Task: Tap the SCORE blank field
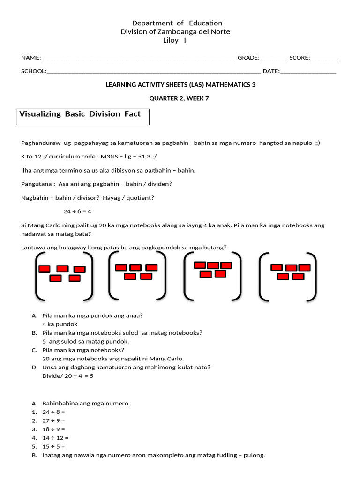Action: (x=324, y=59)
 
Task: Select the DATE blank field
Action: (x=308, y=72)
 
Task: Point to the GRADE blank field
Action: (x=274, y=59)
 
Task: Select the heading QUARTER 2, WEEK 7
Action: (x=179, y=98)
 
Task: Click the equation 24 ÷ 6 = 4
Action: (x=77, y=211)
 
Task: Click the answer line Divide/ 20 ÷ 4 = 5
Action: (x=67, y=376)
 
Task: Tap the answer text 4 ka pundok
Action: (x=60, y=324)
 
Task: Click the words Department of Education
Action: (x=177, y=23)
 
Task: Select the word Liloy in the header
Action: (x=170, y=40)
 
